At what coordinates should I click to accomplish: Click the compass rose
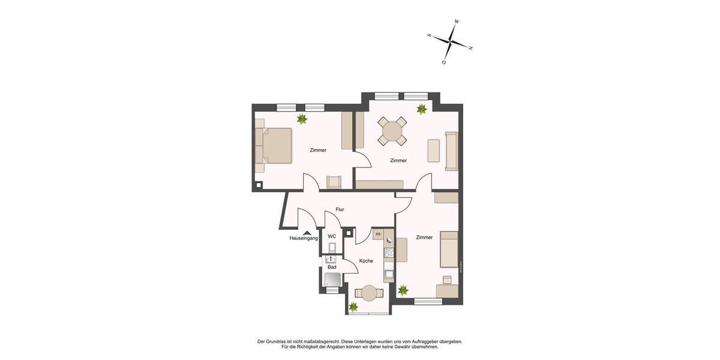[x=450, y=41]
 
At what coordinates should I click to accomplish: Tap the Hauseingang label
[x=304, y=238]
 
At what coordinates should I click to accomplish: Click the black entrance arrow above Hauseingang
[x=307, y=232]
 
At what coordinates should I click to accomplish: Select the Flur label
[x=340, y=209]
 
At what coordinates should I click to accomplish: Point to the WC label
[x=332, y=236]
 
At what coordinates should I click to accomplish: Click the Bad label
[x=331, y=266]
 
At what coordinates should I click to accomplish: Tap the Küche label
[x=366, y=261]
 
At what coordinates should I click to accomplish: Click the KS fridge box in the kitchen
[x=379, y=234]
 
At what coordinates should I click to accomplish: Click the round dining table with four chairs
[x=392, y=131]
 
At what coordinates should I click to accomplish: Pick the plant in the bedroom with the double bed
[x=302, y=119]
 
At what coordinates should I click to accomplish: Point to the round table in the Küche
[x=368, y=293]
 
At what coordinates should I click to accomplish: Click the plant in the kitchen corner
[x=353, y=307]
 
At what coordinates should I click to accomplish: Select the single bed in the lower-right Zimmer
[x=449, y=249]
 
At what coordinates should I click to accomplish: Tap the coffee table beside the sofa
[x=433, y=150]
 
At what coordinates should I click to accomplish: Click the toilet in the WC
[x=332, y=247]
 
